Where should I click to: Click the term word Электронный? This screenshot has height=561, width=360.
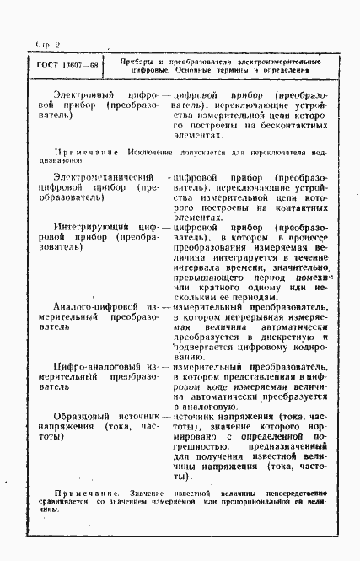83,96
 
